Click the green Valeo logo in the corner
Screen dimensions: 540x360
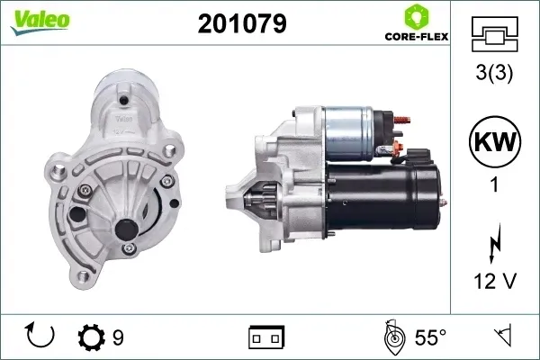coord(40,22)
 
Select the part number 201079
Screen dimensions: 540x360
coord(242,23)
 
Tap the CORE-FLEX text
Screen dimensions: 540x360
coord(417,37)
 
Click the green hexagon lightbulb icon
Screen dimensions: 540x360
coord(417,17)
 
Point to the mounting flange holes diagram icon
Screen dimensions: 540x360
coord(494,34)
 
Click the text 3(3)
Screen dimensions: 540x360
coord(494,73)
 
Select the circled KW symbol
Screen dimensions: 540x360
coord(495,141)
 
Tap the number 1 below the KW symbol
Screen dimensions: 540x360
coord(494,184)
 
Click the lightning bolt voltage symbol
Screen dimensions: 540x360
coord(494,243)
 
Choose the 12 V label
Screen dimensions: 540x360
coord(495,281)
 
